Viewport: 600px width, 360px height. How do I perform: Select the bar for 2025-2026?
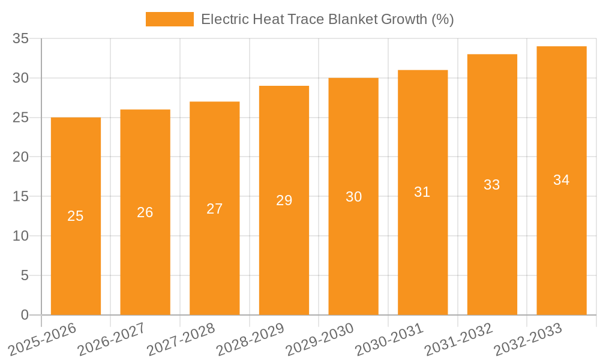76,252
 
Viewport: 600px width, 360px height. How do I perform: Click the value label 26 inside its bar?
145,212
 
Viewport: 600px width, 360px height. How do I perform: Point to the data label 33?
492,185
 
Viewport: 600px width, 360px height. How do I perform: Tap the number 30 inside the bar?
353,197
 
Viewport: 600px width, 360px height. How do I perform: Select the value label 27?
215,209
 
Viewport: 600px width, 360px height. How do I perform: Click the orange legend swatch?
169,19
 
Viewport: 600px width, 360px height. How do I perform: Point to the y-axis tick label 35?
21,39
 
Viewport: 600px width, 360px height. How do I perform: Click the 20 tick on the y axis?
21,157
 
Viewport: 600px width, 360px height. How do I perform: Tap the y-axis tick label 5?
25,275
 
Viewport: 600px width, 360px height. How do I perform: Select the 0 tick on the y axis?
25,315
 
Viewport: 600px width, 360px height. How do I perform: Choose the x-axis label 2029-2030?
319,339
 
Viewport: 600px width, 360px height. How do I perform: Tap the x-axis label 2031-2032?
458,339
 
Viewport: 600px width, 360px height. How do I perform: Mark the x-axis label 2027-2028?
181,339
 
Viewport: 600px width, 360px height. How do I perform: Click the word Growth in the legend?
406,19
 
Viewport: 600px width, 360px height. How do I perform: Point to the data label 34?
562,180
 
